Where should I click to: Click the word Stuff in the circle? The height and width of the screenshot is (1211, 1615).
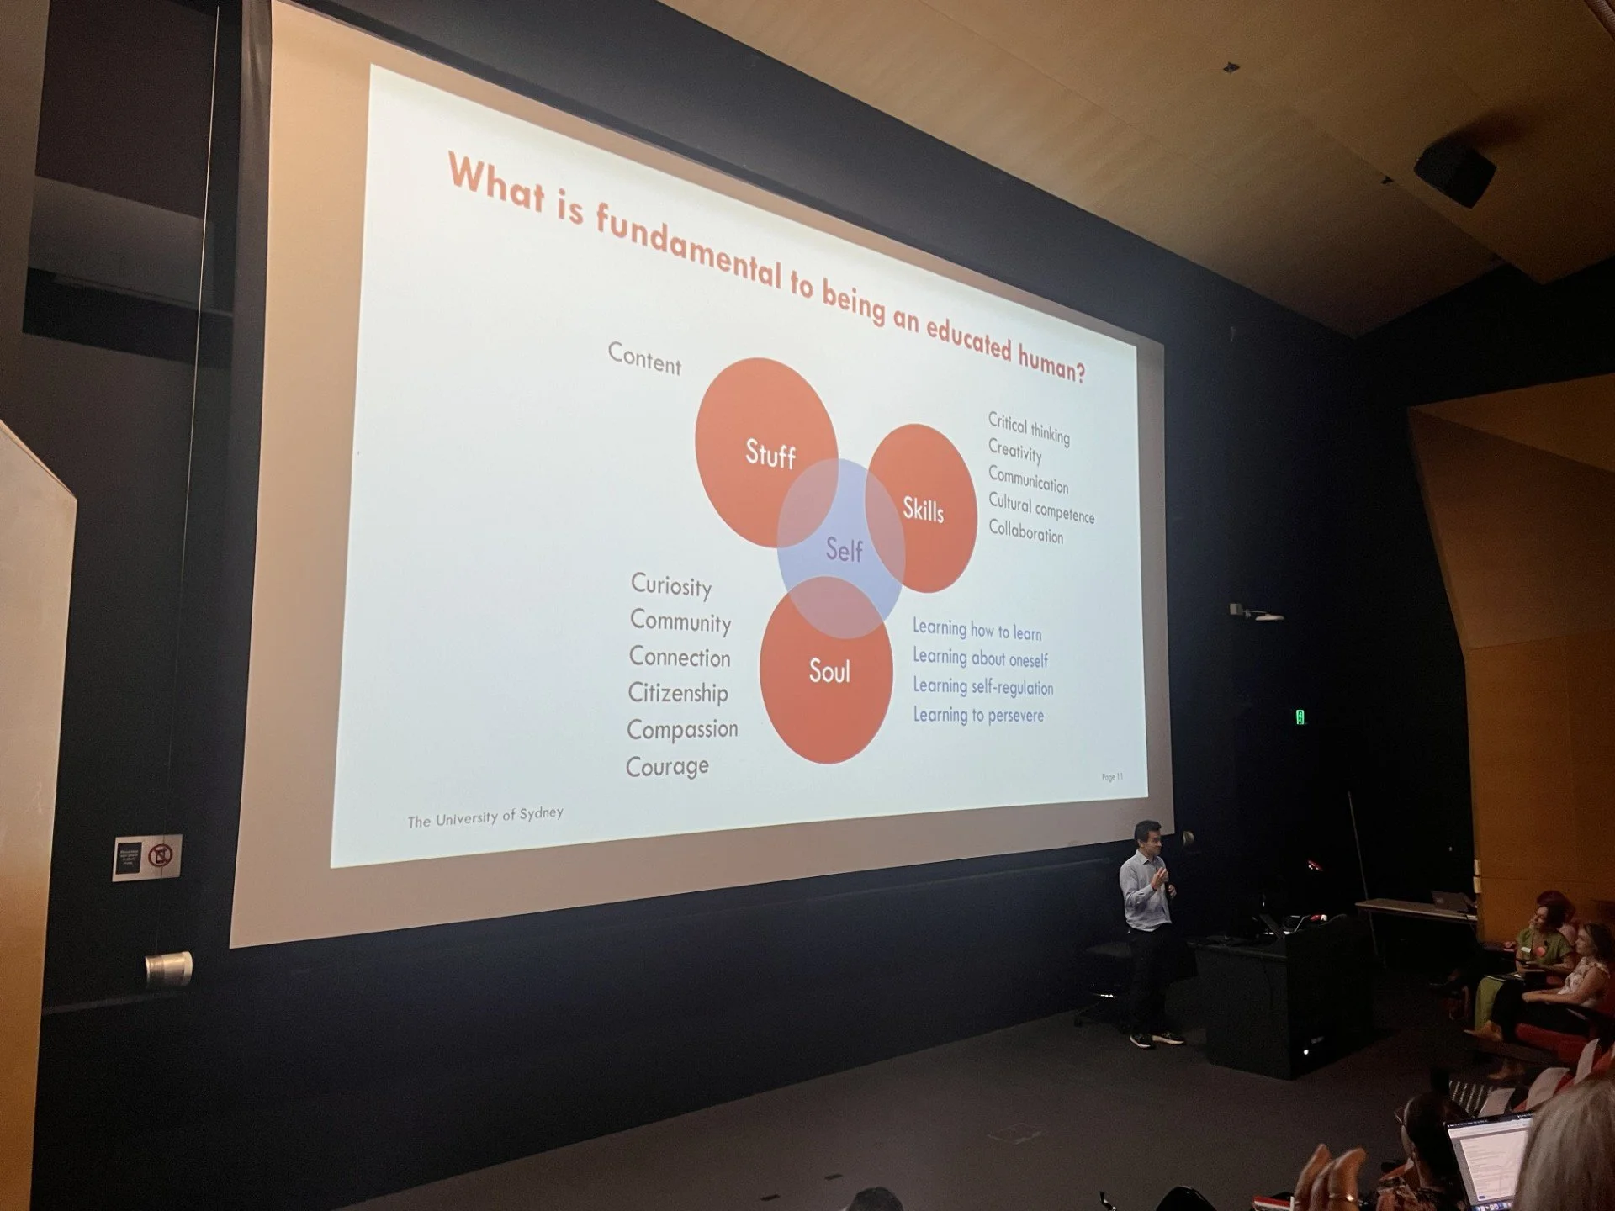tap(770, 455)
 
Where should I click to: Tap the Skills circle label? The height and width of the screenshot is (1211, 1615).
tap(923, 510)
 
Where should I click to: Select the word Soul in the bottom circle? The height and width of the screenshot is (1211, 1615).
tap(829, 671)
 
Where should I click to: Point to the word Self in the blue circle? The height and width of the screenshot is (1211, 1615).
tap(844, 550)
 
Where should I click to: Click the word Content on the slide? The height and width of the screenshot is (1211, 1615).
tap(644, 359)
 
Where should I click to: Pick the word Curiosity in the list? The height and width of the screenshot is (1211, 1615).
tap(671, 585)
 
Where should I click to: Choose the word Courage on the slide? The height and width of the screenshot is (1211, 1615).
tap(667, 766)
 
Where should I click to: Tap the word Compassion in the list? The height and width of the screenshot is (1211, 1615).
tap(682, 729)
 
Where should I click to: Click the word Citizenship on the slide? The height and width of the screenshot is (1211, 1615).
tap(678, 693)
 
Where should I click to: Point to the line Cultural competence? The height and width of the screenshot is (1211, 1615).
tap(1041, 508)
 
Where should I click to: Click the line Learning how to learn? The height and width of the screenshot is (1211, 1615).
tap(977, 630)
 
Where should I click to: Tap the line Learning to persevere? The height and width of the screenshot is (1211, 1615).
tap(978, 715)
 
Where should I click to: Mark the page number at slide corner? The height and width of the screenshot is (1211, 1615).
tap(1112, 776)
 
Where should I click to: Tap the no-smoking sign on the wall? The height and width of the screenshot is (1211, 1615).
tap(160, 856)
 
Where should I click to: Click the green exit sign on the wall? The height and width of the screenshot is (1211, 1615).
tap(1300, 717)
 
